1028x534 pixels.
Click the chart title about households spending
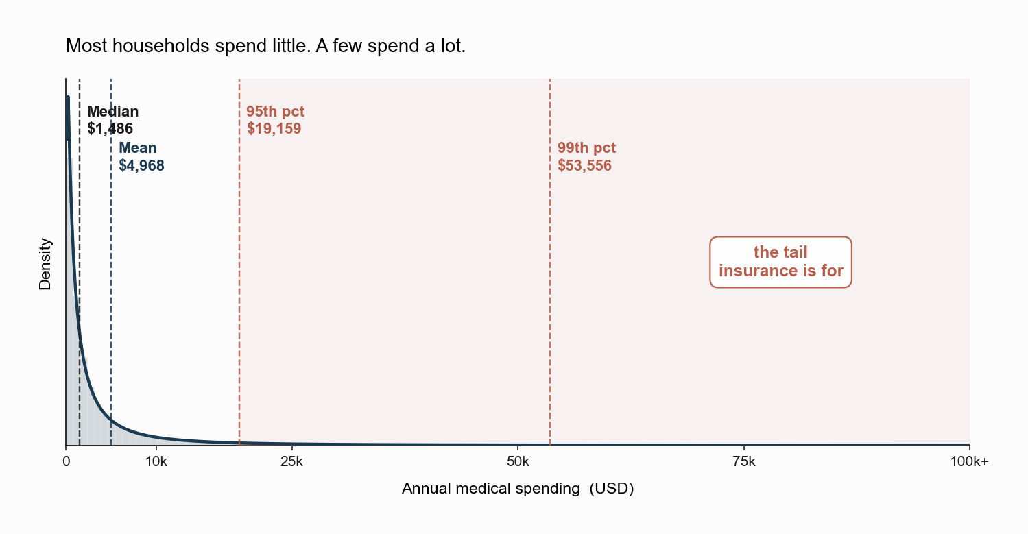coord(265,46)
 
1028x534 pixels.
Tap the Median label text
coord(113,112)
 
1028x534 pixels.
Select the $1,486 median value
coord(110,129)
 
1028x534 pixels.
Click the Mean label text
coord(138,147)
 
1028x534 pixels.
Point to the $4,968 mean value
coord(141,166)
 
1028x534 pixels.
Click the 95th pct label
coord(276,112)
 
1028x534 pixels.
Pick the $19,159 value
coord(274,129)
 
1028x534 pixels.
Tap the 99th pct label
coord(586,147)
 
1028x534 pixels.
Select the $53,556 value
coord(585,166)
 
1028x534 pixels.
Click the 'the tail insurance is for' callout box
coord(780,262)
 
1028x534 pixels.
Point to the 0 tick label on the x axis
coord(66,461)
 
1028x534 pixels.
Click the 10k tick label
coord(156,461)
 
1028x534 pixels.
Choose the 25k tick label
coord(292,461)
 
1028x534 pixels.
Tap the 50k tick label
coord(518,461)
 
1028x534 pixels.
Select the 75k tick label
coord(744,461)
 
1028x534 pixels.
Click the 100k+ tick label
coord(969,461)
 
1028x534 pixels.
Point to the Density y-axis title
coord(45,264)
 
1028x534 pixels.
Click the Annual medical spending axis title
coord(518,489)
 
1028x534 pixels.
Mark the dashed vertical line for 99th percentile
coord(550,262)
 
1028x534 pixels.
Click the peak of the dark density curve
coord(68,97)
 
